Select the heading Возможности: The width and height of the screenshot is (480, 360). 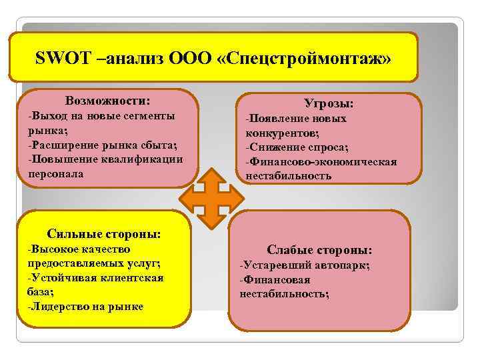[x=107, y=101]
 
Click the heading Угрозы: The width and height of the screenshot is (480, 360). [x=329, y=104]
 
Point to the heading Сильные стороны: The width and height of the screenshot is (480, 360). [x=104, y=234]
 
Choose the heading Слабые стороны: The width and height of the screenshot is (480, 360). [x=319, y=250]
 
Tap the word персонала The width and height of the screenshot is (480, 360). [x=56, y=174]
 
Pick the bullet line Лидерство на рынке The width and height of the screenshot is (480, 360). [x=87, y=307]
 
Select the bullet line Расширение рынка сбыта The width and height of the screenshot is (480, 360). [x=103, y=145]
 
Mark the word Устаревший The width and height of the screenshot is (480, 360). [x=272, y=265]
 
